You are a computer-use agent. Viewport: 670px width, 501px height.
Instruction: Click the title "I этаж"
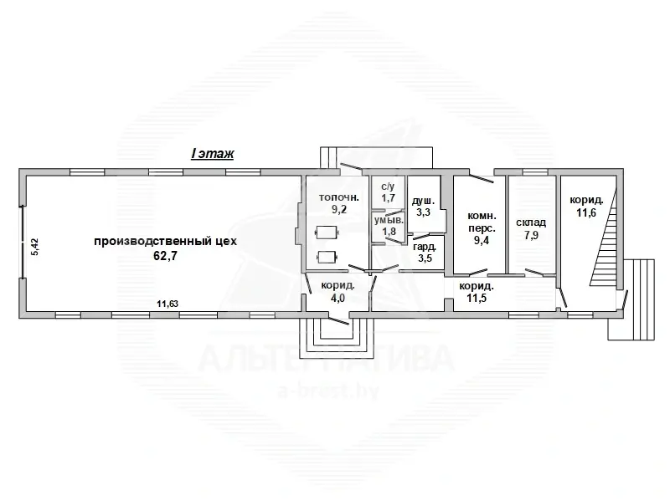(x=213, y=154)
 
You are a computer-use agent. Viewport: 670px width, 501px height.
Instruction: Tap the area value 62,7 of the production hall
(x=165, y=256)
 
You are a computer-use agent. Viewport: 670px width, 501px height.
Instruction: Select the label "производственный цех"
(x=165, y=241)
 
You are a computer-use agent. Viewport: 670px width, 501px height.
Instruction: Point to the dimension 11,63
(x=167, y=304)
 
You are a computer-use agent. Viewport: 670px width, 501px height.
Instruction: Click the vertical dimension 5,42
(x=35, y=247)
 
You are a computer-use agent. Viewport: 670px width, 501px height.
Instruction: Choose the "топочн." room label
(x=339, y=197)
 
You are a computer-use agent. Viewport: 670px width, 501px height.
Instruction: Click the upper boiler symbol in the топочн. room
(x=327, y=233)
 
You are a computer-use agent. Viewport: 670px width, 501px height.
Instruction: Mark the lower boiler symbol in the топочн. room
(x=327, y=257)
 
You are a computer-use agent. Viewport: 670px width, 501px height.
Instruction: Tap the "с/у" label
(x=388, y=187)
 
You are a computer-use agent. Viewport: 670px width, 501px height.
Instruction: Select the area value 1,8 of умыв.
(x=389, y=232)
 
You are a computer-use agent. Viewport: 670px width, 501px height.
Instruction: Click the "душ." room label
(x=423, y=201)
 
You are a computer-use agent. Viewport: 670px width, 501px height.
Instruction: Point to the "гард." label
(x=425, y=246)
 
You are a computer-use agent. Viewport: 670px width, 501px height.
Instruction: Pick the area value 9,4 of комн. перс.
(x=481, y=240)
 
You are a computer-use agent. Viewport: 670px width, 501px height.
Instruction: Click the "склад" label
(x=531, y=222)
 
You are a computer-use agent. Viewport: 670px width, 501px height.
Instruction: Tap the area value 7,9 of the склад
(x=532, y=235)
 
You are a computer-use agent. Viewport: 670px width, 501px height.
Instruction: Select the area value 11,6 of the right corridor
(x=586, y=212)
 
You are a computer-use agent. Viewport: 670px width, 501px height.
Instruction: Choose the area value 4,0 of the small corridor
(x=338, y=298)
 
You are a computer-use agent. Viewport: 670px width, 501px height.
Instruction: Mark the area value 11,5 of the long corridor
(x=476, y=298)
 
